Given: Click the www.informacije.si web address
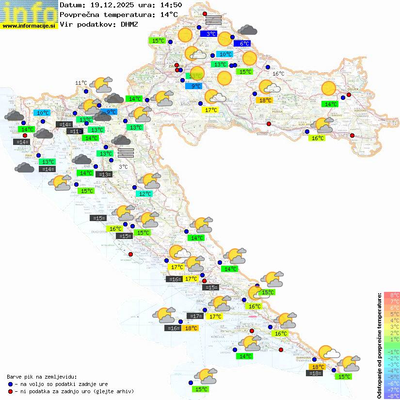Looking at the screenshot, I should (x=29, y=26).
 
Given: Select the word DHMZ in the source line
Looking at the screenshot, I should (x=129, y=24).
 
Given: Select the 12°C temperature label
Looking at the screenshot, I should (x=144, y=194).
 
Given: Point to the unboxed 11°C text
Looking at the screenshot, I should (x=81, y=83).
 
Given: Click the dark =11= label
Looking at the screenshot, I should (x=75, y=131).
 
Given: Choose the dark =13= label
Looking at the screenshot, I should (x=104, y=175).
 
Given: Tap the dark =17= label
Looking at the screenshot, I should (x=195, y=316).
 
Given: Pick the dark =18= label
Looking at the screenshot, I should (x=315, y=373).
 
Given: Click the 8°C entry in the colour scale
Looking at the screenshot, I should (x=392, y=295).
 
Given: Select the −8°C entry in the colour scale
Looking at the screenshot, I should (x=392, y=396).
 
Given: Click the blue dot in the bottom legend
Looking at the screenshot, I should (x=11, y=384).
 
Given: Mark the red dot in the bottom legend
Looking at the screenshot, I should (x=11, y=391).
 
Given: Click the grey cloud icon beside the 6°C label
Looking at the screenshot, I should (x=248, y=30).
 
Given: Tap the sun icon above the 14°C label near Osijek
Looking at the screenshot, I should (x=329, y=88).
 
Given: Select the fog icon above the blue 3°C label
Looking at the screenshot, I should (x=213, y=19).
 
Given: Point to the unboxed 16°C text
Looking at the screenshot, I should (x=278, y=74).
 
